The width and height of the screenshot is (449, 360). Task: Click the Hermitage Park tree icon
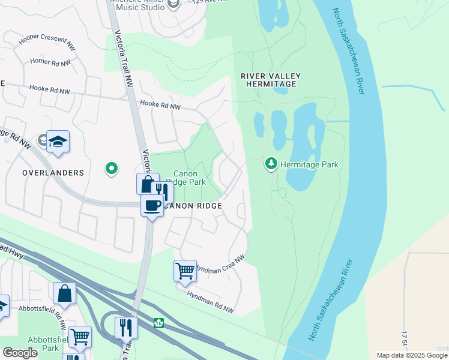tap(271, 164)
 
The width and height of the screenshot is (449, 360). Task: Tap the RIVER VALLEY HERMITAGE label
tap(270, 80)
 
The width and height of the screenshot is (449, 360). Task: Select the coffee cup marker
tap(152, 206)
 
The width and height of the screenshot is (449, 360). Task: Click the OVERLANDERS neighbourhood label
tap(53, 173)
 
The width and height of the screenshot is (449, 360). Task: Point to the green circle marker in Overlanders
tap(111, 169)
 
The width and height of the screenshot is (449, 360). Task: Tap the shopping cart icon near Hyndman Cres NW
tap(185, 271)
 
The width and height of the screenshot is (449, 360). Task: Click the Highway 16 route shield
tap(158, 323)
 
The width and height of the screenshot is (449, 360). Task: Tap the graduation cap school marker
tap(58, 142)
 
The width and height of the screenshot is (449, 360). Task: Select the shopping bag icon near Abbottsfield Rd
tap(64, 293)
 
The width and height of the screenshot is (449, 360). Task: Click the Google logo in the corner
tap(20, 353)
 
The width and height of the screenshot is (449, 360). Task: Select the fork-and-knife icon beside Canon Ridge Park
tap(161, 192)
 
